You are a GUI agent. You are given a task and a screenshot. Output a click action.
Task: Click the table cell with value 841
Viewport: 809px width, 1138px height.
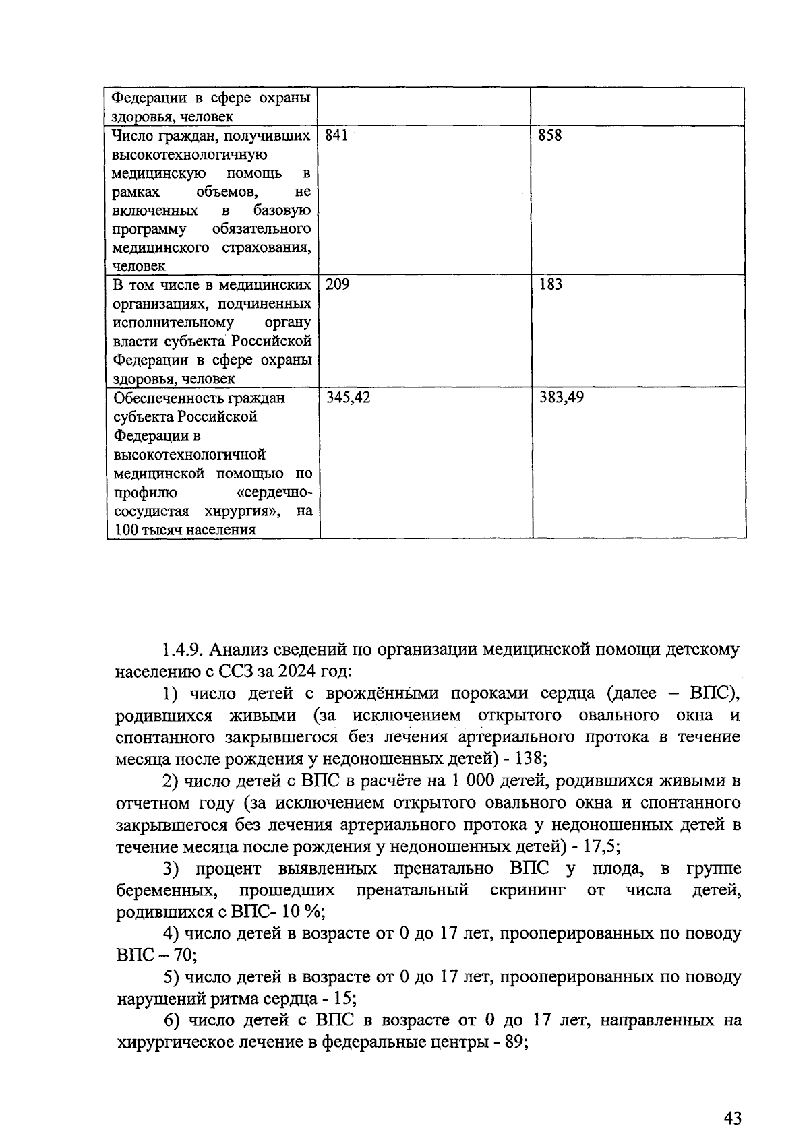coord(336,135)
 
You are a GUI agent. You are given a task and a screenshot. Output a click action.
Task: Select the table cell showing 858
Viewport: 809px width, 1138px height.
coord(549,135)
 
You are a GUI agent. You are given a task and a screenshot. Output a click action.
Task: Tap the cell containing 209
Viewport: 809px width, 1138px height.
coord(337,284)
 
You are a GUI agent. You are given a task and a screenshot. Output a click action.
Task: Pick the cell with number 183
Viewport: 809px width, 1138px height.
coord(549,284)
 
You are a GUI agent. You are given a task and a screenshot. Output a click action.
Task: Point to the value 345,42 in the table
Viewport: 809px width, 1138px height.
coord(348,398)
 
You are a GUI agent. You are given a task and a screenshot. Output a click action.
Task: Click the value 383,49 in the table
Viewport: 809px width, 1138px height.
coord(561,398)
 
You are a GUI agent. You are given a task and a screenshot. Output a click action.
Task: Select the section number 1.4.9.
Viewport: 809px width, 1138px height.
coord(183,650)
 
